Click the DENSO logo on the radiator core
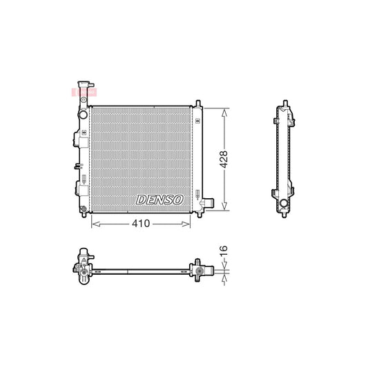click(x=160, y=199)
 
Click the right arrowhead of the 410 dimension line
click(x=188, y=223)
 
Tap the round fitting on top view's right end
click(x=199, y=273)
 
